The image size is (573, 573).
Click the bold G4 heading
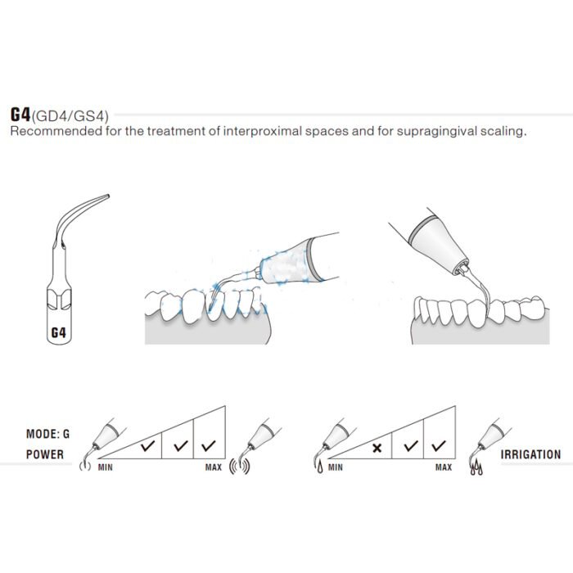[20, 115]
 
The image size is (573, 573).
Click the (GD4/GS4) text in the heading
[70, 116]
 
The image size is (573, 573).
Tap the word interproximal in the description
[263, 131]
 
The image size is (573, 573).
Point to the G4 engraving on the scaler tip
[58, 332]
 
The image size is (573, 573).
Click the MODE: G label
[47, 434]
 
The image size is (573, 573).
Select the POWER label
[44, 454]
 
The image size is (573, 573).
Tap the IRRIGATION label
[530, 454]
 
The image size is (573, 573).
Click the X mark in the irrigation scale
[377, 448]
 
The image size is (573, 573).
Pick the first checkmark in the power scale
[147, 445]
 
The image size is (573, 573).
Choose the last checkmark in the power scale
[208, 445]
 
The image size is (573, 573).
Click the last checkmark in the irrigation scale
[439, 445]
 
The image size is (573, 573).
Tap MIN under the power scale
[106, 467]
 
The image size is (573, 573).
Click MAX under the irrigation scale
[444, 467]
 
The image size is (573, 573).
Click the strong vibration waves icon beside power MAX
[239, 467]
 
